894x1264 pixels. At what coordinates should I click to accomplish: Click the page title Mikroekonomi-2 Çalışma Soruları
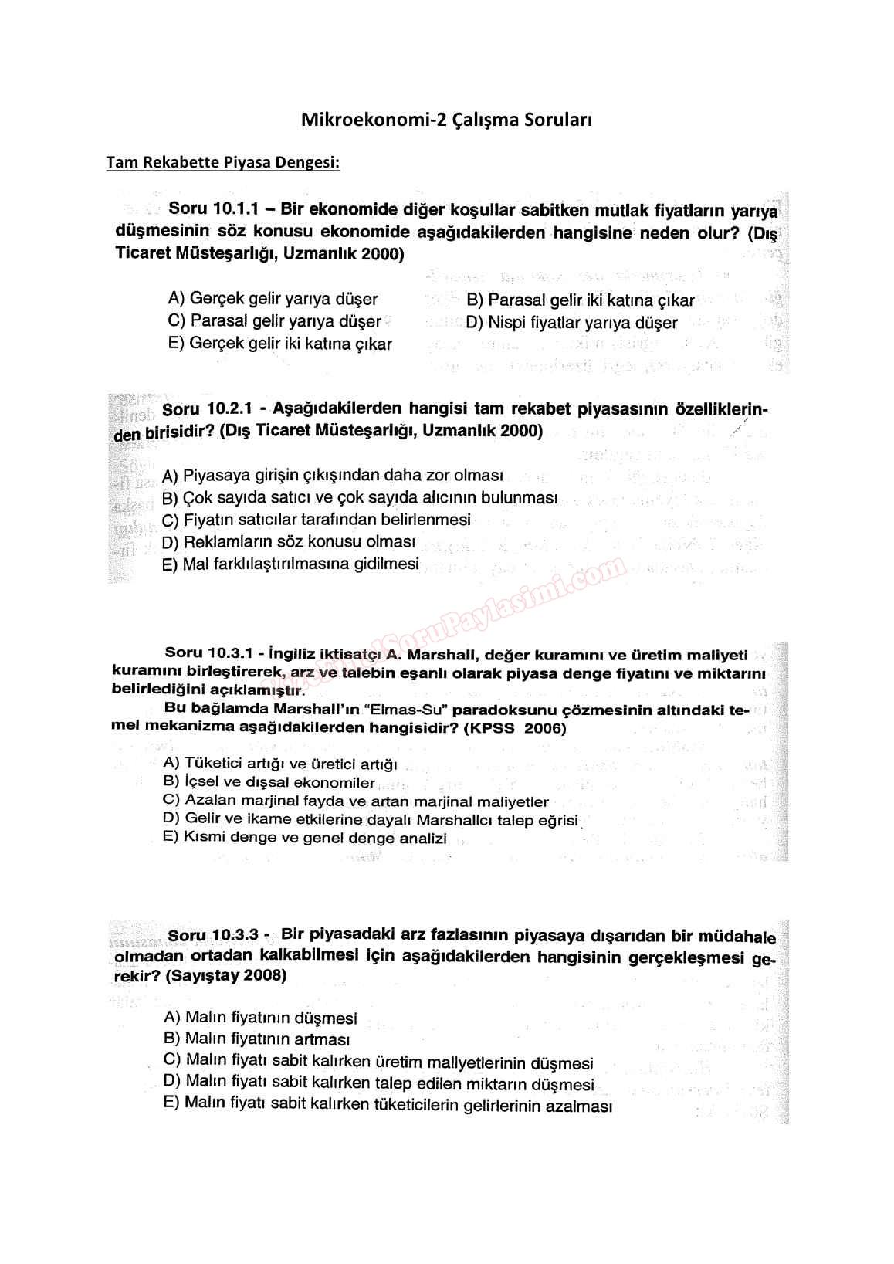[446, 120]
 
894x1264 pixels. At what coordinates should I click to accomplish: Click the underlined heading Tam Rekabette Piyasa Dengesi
[222, 163]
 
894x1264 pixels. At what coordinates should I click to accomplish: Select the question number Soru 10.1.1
[211, 208]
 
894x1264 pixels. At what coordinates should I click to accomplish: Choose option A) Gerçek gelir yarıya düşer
[273, 299]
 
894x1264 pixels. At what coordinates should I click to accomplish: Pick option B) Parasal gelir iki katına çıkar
[580, 300]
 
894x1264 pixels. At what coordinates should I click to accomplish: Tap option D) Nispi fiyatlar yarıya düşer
[571, 323]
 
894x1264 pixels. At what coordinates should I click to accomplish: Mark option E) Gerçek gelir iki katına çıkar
[279, 344]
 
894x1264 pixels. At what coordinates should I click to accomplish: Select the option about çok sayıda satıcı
[360, 498]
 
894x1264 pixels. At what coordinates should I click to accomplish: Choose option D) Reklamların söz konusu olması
[289, 542]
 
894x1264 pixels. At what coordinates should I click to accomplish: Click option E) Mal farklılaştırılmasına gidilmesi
[290, 564]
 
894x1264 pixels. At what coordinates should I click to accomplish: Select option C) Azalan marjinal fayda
[355, 801]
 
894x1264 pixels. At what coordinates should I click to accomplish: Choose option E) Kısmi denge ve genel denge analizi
[305, 838]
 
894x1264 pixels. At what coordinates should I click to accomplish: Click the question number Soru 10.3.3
[212, 936]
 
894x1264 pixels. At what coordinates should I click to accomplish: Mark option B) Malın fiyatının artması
[257, 1039]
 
